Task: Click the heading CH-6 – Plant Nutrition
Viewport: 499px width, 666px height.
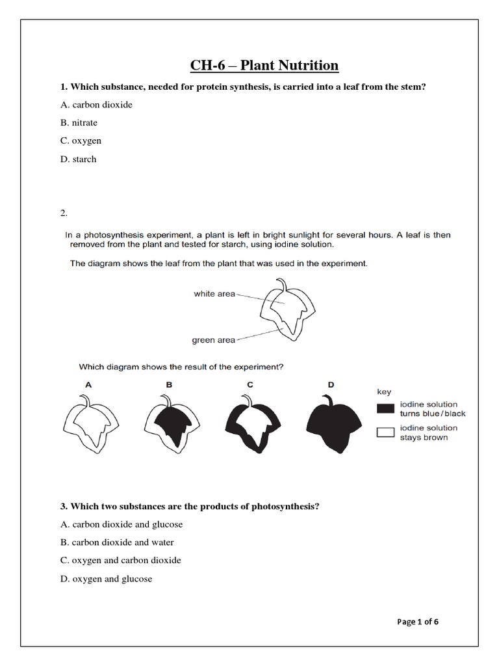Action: tap(264, 65)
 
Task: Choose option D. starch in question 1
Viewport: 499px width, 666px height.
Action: tap(78, 159)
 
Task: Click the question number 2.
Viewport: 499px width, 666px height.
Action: tap(64, 213)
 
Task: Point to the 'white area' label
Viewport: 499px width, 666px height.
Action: tap(214, 294)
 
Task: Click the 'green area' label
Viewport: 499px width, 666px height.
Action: tap(213, 340)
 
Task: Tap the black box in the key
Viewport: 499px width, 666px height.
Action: tap(385, 408)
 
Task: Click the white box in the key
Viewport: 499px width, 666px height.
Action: tap(385, 433)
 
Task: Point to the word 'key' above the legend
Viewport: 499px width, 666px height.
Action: tap(384, 392)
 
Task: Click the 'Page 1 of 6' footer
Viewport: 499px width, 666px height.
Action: tap(418, 621)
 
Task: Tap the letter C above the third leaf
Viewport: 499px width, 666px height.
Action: tap(249, 384)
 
